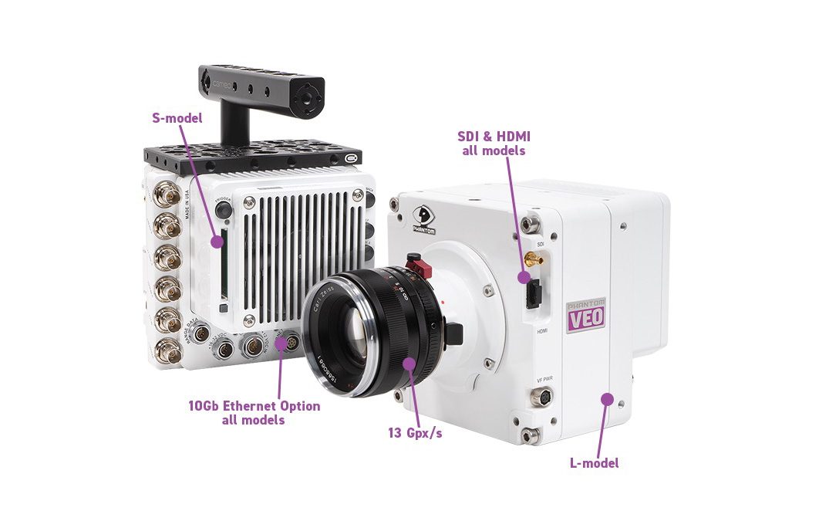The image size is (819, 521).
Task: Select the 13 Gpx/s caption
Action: click(x=415, y=433)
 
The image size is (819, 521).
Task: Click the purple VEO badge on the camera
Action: click(x=586, y=316)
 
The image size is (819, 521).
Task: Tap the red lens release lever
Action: click(x=420, y=268)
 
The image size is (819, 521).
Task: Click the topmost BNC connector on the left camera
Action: click(x=166, y=196)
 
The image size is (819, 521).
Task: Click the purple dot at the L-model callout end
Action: click(x=607, y=399)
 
